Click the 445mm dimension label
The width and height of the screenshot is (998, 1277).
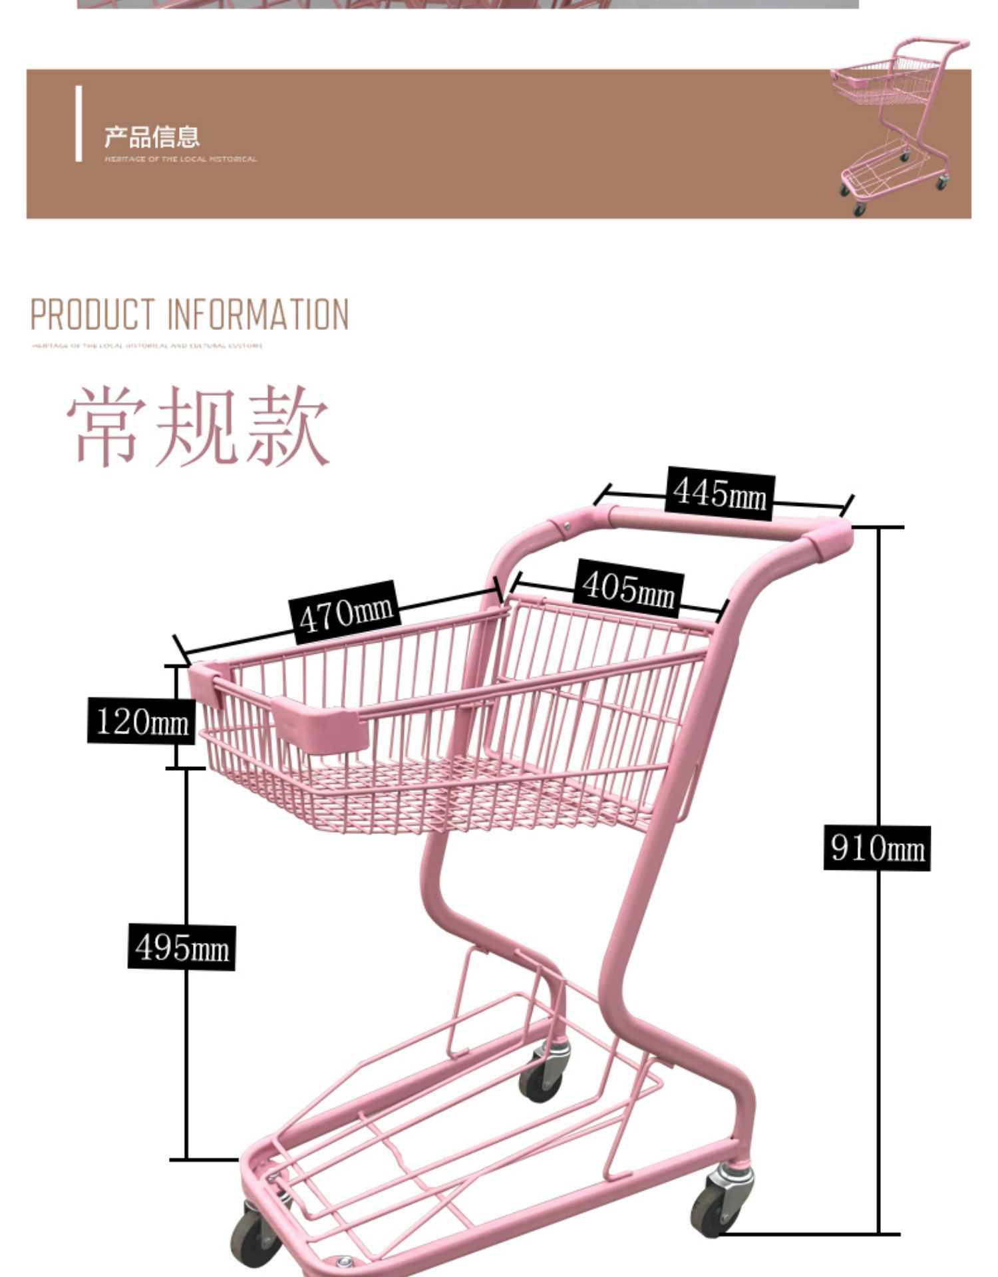tap(720, 494)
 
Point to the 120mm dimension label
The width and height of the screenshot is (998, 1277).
tap(141, 720)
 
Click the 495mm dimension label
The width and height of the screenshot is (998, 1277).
tap(182, 947)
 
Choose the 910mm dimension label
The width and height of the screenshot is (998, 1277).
tap(877, 848)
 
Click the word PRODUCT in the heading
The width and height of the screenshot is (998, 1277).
tap(92, 315)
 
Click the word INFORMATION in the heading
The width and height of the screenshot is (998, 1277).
tap(257, 315)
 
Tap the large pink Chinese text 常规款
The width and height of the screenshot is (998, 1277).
tap(198, 426)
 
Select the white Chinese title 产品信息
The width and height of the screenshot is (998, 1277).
tap(152, 136)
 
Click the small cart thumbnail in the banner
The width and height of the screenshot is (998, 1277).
tap(896, 126)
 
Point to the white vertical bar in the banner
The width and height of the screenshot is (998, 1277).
tap(79, 124)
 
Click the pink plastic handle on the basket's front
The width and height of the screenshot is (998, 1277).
tap(319, 726)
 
